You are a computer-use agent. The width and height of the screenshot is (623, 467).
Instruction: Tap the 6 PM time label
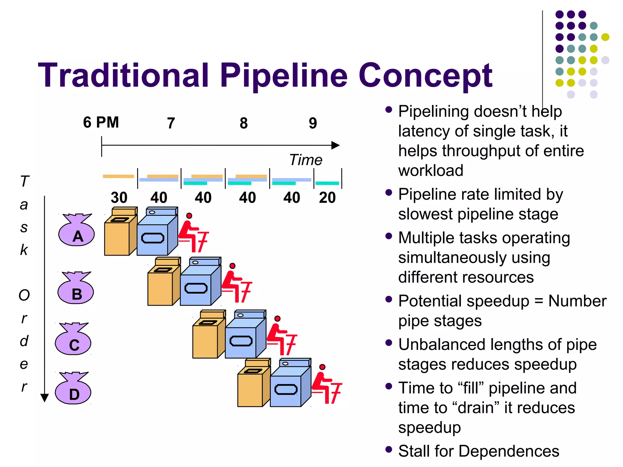(x=101, y=123)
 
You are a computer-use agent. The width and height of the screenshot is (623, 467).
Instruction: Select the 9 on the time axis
(x=313, y=123)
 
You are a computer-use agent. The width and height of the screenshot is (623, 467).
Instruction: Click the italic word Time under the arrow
(x=305, y=160)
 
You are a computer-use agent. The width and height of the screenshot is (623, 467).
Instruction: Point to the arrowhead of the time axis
(x=336, y=145)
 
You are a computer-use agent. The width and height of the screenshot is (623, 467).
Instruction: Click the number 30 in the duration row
(x=119, y=198)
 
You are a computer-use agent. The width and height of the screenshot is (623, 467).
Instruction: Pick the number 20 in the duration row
(x=327, y=198)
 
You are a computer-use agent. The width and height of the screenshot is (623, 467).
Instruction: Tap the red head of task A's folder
(x=189, y=216)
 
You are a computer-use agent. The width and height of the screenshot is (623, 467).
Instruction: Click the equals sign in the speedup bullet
(x=539, y=301)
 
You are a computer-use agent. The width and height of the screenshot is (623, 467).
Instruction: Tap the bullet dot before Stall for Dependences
(x=388, y=449)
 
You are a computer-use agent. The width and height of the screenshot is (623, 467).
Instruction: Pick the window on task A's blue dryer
(x=153, y=238)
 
